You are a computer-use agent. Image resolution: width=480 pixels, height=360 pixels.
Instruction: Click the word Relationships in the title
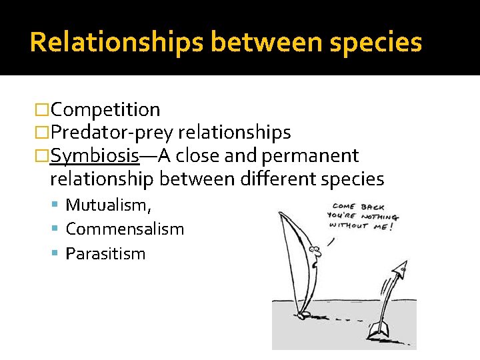pos(117,42)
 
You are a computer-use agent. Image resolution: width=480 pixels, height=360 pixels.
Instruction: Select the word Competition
pos(105,109)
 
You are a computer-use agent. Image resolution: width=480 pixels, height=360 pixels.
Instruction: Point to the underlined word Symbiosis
pos(95,156)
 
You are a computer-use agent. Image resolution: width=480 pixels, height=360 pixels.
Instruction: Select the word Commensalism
pos(125,229)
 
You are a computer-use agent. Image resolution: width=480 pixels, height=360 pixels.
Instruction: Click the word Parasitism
pos(105,254)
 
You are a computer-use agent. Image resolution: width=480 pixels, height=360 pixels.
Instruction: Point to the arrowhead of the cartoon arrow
pos(401,269)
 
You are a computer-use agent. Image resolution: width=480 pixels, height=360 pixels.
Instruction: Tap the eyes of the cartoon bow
pos(315,251)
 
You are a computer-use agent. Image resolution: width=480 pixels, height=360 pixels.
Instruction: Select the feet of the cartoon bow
pos(303,315)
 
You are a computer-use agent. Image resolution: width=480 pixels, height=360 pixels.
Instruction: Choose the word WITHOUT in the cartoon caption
pos(348,225)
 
